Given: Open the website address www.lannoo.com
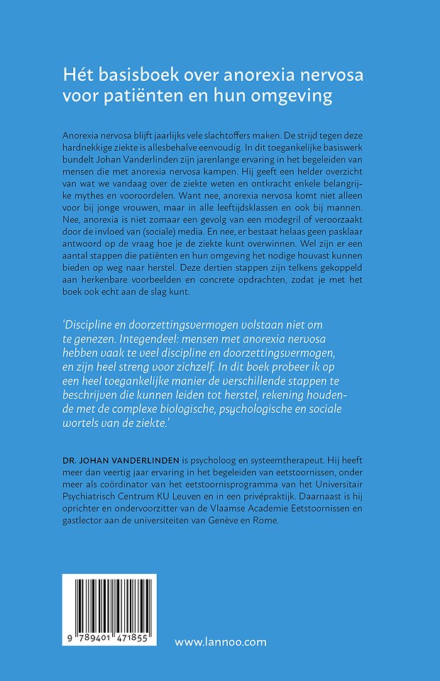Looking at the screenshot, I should point(221,641).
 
